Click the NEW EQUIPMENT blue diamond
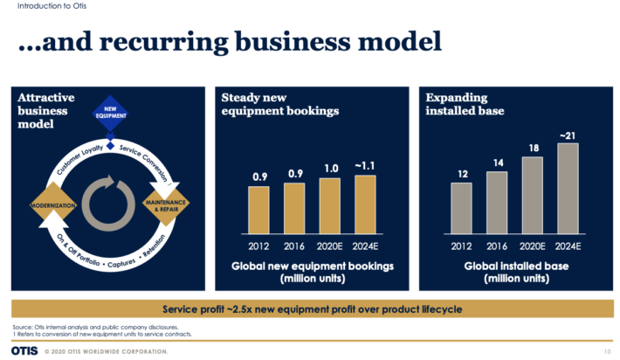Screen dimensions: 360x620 pos(110,112)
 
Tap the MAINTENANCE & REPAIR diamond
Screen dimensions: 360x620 pos(166,205)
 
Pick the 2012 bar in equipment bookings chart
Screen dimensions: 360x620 pos(259,211)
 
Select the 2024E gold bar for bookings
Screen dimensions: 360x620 pos(364,205)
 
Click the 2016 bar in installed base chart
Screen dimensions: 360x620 pos(497,204)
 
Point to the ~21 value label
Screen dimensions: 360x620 pos(568,135)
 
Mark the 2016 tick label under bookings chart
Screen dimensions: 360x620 pos(294,246)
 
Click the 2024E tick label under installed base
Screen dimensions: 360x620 pos(568,246)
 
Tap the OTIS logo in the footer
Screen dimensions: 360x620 pos(24,350)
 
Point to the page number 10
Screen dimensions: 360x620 pos(606,350)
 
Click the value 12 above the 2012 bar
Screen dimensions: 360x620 pos(461,174)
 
